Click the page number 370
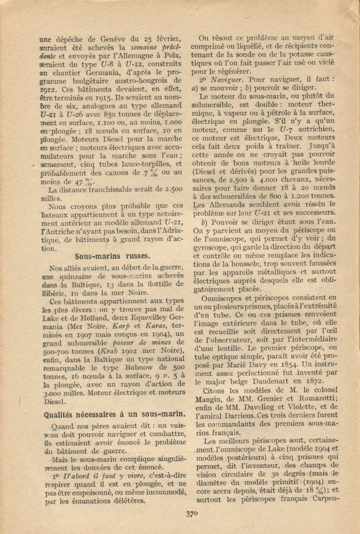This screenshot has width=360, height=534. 191,513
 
